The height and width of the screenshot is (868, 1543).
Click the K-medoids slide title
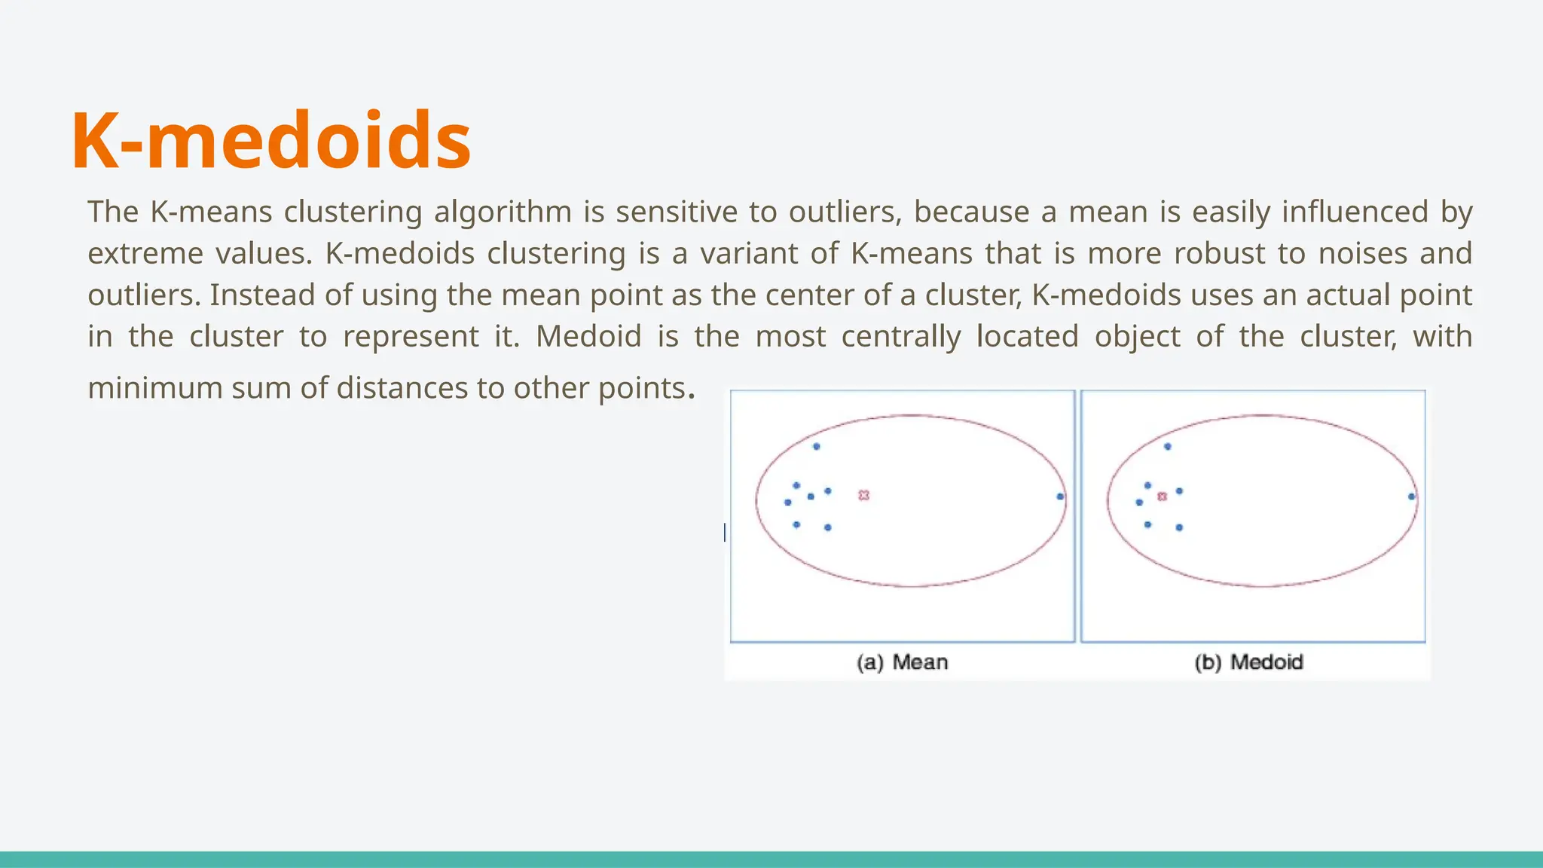click(x=271, y=141)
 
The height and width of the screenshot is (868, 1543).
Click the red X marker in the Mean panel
click(x=864, y=495)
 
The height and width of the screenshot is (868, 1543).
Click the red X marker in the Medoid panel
click(x=1162, y=497)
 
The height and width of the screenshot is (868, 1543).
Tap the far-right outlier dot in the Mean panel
click(x=1060, y=497)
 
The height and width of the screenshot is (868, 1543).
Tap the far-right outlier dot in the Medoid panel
click(x=1411, y=497)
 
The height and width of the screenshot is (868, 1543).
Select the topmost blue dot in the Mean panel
click(x=816, y=447)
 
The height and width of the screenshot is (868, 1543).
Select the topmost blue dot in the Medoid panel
click(x=1167, y=447)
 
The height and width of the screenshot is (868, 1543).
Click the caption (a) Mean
click(x=902, y=662)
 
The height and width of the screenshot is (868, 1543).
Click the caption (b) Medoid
click(x=1248, y=662)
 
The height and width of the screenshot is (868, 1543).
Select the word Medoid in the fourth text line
click(x=588, y=337)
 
